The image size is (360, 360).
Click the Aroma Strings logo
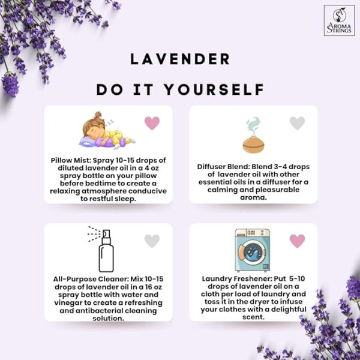tap(339, 20)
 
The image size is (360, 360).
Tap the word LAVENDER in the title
tap(180, 59)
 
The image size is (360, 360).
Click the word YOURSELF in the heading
tap(215, 89)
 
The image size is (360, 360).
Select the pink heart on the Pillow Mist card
tap(152, 123)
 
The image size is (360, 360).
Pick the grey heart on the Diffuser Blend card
tap(297, 123)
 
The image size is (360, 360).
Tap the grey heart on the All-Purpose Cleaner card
tap(152, 241)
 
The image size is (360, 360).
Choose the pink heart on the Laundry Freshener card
tap(297, 241)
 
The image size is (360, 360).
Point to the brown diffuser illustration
tap(253, 145)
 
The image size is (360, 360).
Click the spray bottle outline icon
tap(106, 251)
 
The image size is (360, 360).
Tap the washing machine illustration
tap(253, 250)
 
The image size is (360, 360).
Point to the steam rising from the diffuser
tap(253, 126)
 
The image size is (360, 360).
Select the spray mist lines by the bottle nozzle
tap(94, 234)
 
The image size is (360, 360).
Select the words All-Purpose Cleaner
tap(91, 279)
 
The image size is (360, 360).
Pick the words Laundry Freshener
tap(237, 279)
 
